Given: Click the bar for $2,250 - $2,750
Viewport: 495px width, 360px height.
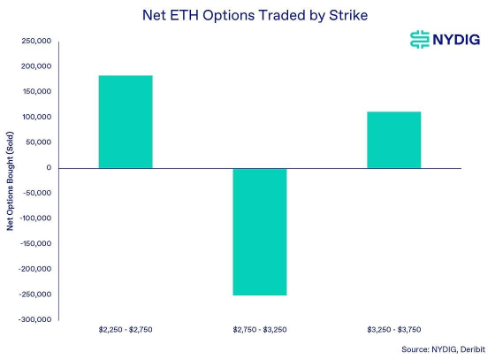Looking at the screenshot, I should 126,122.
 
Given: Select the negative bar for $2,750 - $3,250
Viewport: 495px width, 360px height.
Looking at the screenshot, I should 260,232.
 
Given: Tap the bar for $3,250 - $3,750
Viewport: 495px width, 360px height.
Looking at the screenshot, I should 394,140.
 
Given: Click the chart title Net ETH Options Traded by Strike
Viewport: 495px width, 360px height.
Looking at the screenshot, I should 247,15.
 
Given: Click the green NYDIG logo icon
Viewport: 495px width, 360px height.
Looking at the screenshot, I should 418,39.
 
